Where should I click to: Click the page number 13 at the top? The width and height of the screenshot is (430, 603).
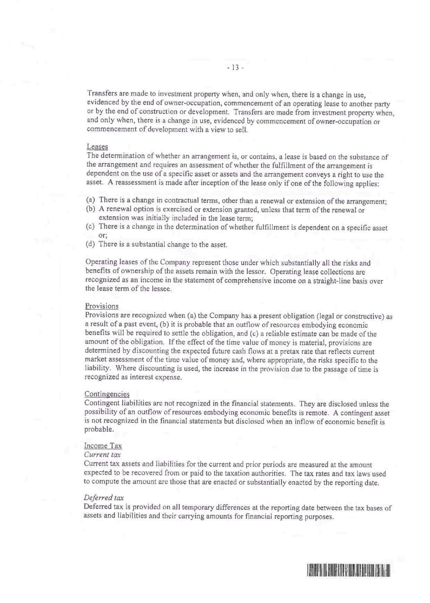236,67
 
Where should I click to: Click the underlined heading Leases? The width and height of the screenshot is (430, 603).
97,146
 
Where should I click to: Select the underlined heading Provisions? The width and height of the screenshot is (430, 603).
102,306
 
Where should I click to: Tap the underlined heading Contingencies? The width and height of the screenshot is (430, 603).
107,394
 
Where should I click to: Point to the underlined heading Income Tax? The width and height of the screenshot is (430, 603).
103,446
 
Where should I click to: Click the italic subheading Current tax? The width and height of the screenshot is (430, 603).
102,454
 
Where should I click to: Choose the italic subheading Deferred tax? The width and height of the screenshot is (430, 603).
104,498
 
